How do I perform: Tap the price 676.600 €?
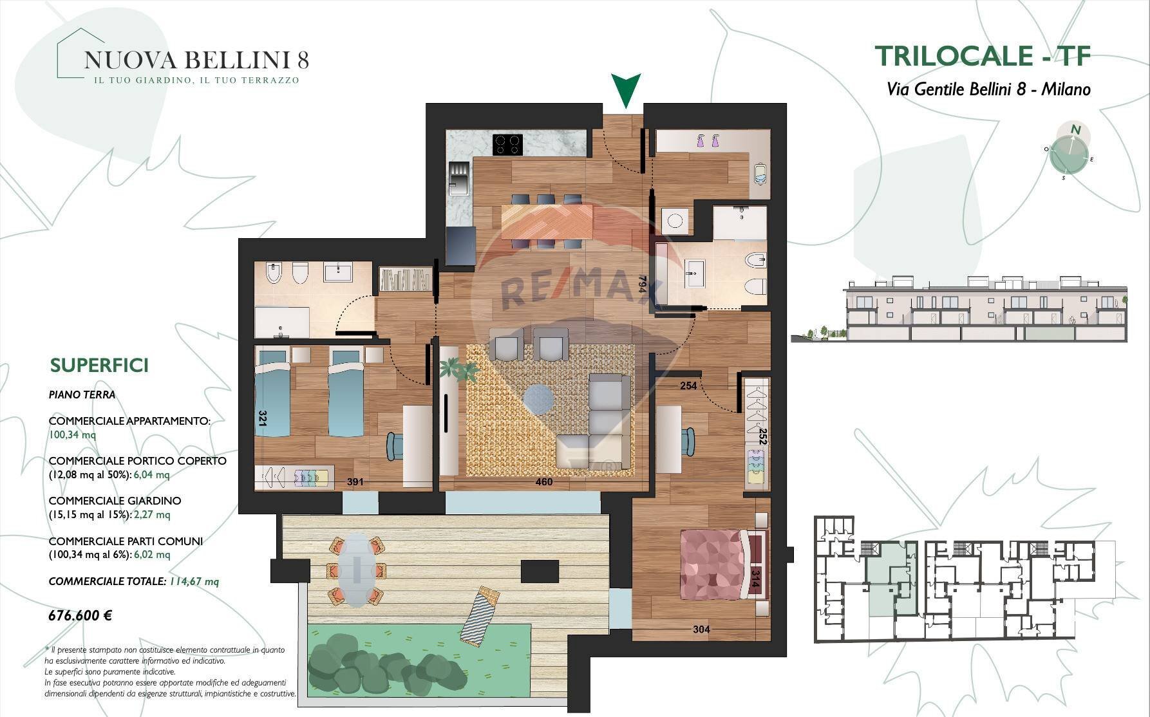point(80,615)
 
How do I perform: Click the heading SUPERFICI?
point(99,366)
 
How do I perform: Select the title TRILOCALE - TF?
point(983,56)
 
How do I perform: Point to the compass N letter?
point(1075,130)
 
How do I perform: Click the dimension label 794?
point(642,285)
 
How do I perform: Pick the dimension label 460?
point(544,481)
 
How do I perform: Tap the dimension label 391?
point(355,481)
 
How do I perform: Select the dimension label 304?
point(701,629)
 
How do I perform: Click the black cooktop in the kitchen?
point(507,144)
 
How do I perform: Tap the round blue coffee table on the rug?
point(538,399)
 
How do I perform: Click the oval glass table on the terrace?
point(357,570)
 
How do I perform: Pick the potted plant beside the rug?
point(458,370)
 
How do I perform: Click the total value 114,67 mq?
point(194,582)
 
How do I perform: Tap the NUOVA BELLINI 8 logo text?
point(196,60)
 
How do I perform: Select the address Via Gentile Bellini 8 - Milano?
point(988,89)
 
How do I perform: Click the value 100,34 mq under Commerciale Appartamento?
point(72,434)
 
